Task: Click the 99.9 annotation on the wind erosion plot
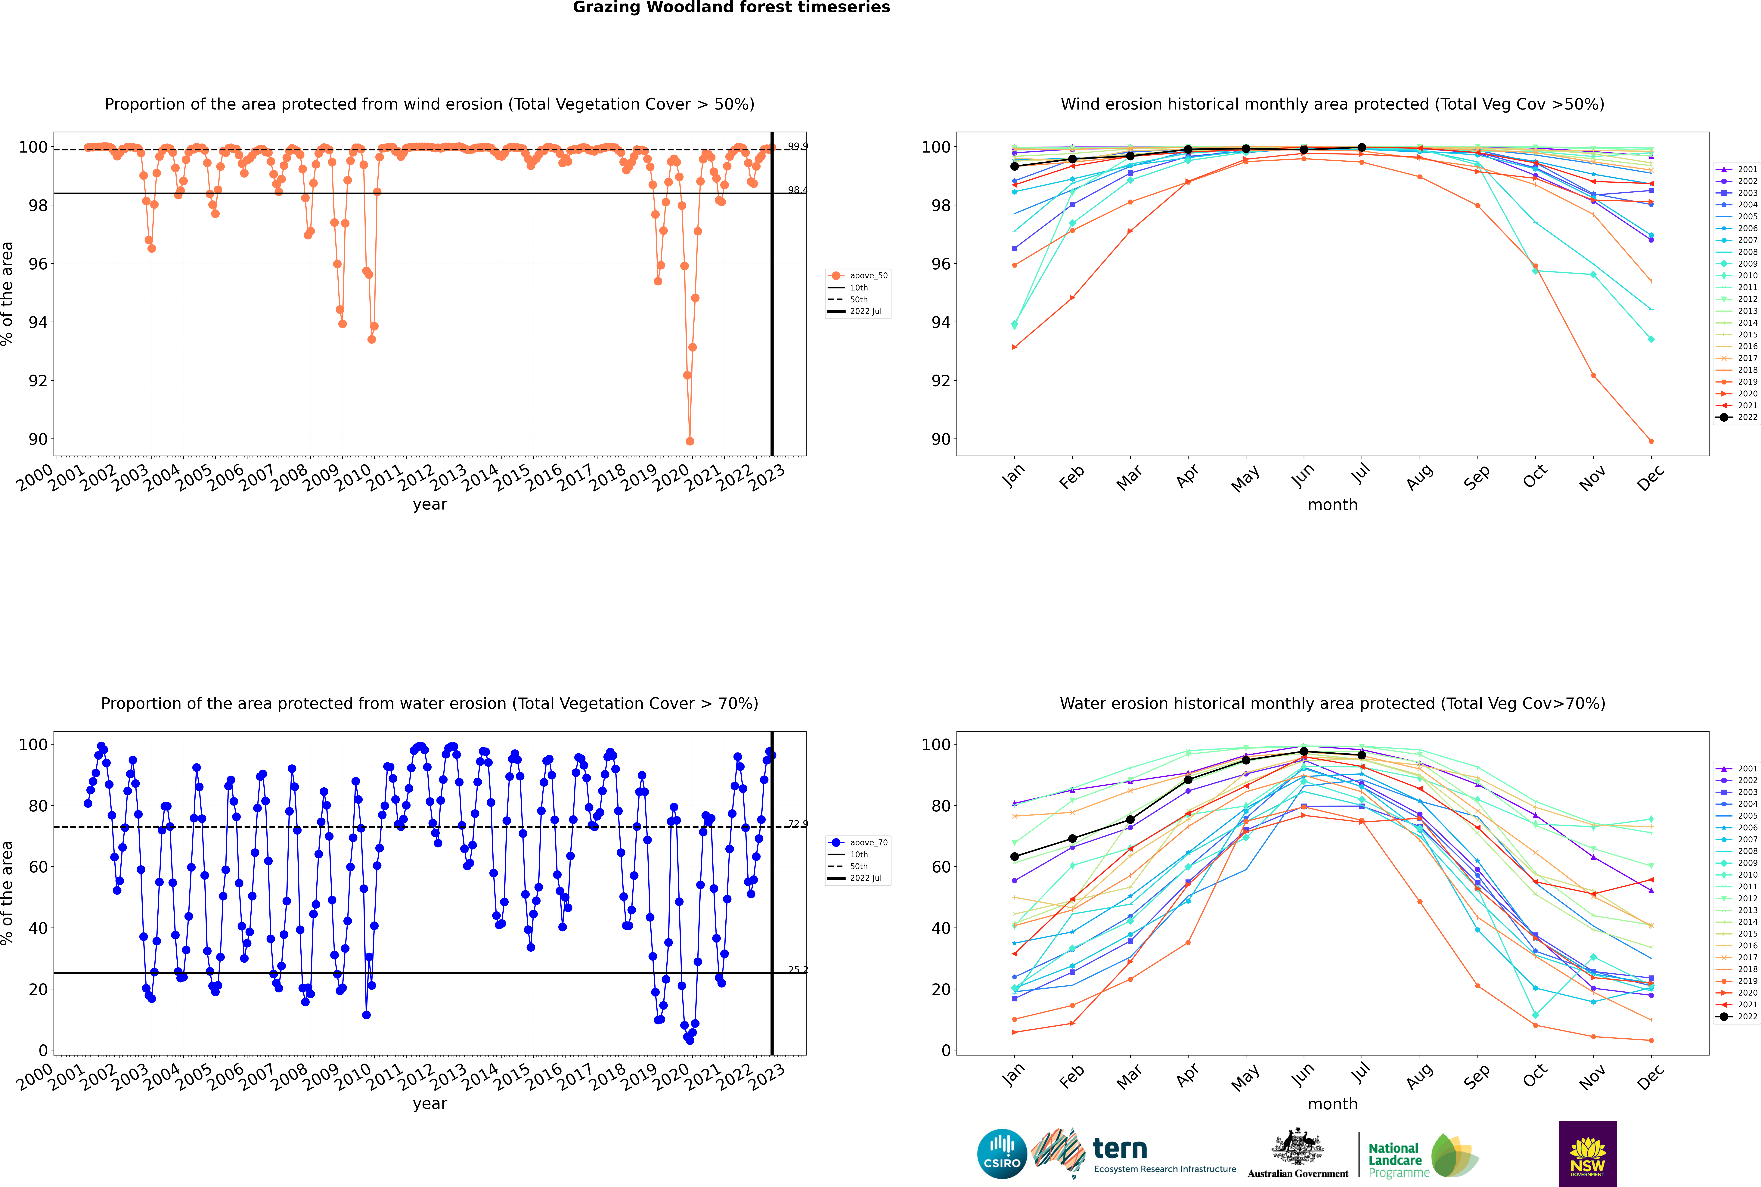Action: click(x=797, y=146)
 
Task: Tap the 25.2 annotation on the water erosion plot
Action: click(x=797, y=970)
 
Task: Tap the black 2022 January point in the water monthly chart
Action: click(x=1015, y=857)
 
